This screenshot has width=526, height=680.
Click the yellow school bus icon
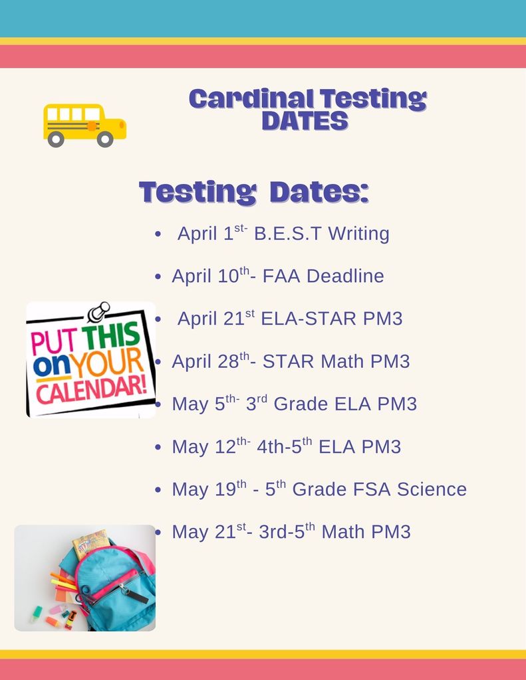click(84, 124)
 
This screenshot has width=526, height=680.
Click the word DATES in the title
click(305, 121)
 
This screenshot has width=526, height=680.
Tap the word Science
click(432, 489)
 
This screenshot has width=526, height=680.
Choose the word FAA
click(279, 276)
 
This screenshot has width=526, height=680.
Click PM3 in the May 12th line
click(381, 447)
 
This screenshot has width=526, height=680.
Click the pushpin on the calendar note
click(98, 311)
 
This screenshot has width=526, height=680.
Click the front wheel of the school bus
click(104, 139)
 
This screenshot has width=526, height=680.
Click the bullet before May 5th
click(158, 404)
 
